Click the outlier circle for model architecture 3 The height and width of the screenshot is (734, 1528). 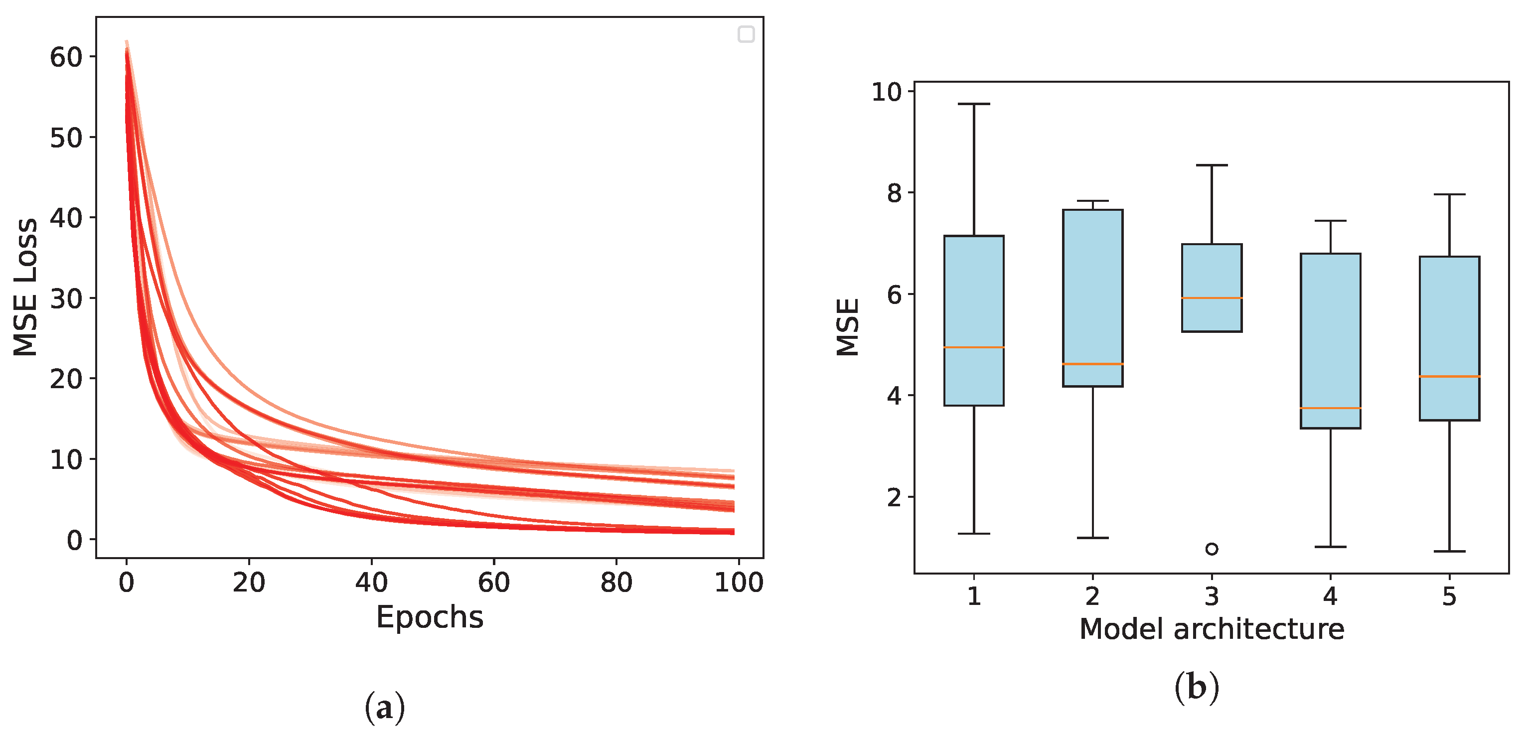tap(1211, 549)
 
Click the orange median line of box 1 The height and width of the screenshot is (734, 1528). tap(973, 347)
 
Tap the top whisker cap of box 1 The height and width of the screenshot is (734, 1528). tap(973, 104)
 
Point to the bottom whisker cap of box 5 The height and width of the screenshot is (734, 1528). tap(1449, 552)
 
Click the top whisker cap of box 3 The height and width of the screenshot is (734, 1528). tap(1211, 165)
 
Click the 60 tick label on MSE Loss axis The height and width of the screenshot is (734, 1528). tap(65, 57)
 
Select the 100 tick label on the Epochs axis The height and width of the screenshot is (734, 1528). tap(739, 583)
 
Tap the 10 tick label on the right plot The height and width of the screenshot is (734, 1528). tap(886, 92)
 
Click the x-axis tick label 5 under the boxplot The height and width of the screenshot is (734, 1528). tap(1449, 596)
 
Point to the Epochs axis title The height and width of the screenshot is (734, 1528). tap(430, 617)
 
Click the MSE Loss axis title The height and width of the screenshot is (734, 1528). tap(25, 287)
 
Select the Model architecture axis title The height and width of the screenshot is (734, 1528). tap(1211, 629)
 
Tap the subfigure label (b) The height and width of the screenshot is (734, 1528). tap(1197, 688)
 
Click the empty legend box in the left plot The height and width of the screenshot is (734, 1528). tap(746, 34)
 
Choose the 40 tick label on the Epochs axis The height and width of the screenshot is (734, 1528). tap(371, 583)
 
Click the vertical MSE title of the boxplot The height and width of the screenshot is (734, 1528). tap(848, 327)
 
